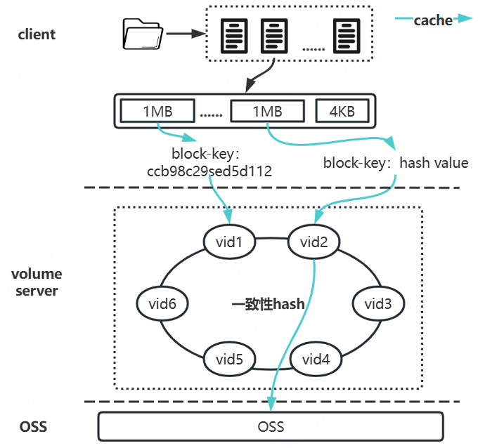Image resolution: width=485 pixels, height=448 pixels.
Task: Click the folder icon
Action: [141, 33]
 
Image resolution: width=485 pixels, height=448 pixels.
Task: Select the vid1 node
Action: [228, 242]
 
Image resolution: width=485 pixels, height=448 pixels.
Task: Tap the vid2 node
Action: [315, 242]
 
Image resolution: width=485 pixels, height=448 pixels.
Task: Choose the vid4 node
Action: [315, 360]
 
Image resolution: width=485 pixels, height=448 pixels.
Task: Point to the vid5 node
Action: [228, 360]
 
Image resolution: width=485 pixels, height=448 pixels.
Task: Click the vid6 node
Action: [162, 303]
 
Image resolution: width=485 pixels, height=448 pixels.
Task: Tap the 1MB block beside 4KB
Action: [267, 111]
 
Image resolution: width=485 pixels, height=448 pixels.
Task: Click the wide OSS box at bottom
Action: [271, 426]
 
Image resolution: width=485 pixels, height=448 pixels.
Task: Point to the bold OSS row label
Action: [33, 426]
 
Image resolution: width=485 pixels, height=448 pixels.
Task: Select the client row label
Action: [37, 34]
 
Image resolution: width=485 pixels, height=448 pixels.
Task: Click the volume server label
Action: [37, 282]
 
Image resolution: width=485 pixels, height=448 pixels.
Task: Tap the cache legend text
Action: [432, 20]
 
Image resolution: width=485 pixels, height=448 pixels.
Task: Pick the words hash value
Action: [434, 163]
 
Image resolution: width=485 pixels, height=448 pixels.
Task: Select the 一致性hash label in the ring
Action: [268, 304]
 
